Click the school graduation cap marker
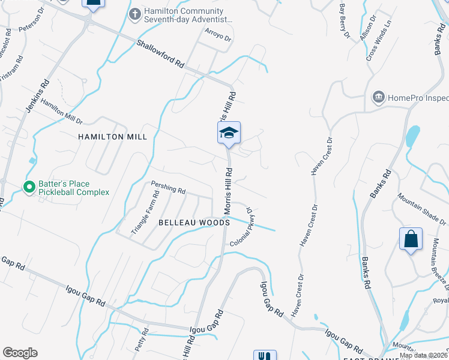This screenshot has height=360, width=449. tap(229, 133)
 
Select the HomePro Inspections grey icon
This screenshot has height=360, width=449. tap(378, 97)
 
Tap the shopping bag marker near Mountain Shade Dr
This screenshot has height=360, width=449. tap(411, 239)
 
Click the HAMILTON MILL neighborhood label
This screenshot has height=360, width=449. tap(113, 137)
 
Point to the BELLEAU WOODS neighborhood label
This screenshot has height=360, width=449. tap(194, 223)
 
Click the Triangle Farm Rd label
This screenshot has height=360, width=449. tap(146, 212)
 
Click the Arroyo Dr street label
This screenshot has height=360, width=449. tap(218, 37)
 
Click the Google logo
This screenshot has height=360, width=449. tap(20, 353)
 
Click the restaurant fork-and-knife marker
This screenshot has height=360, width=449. tap(265, 355)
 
